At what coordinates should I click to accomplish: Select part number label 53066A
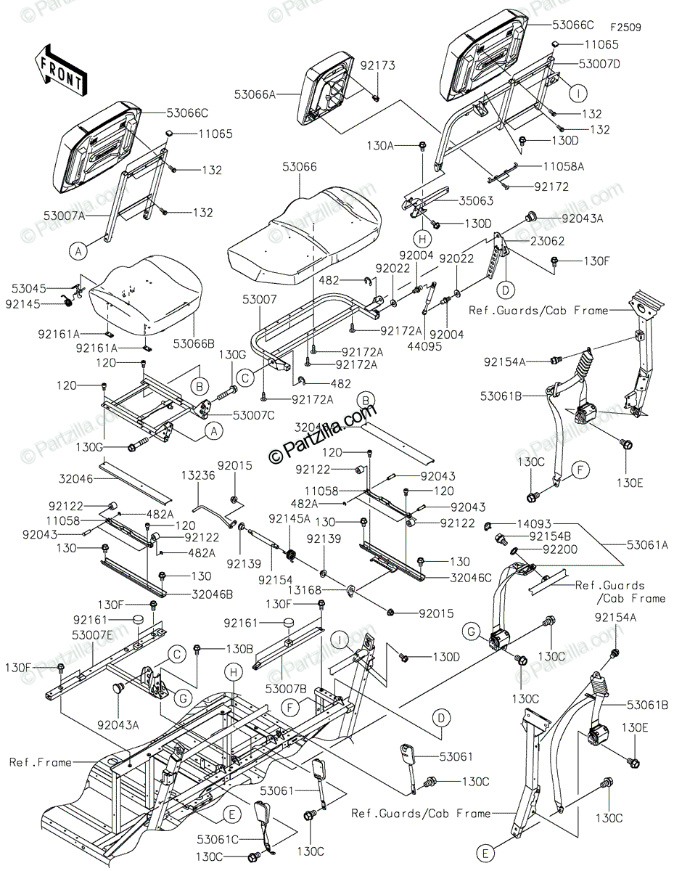tap(255, 94)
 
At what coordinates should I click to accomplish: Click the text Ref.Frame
tap(41, 762)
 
